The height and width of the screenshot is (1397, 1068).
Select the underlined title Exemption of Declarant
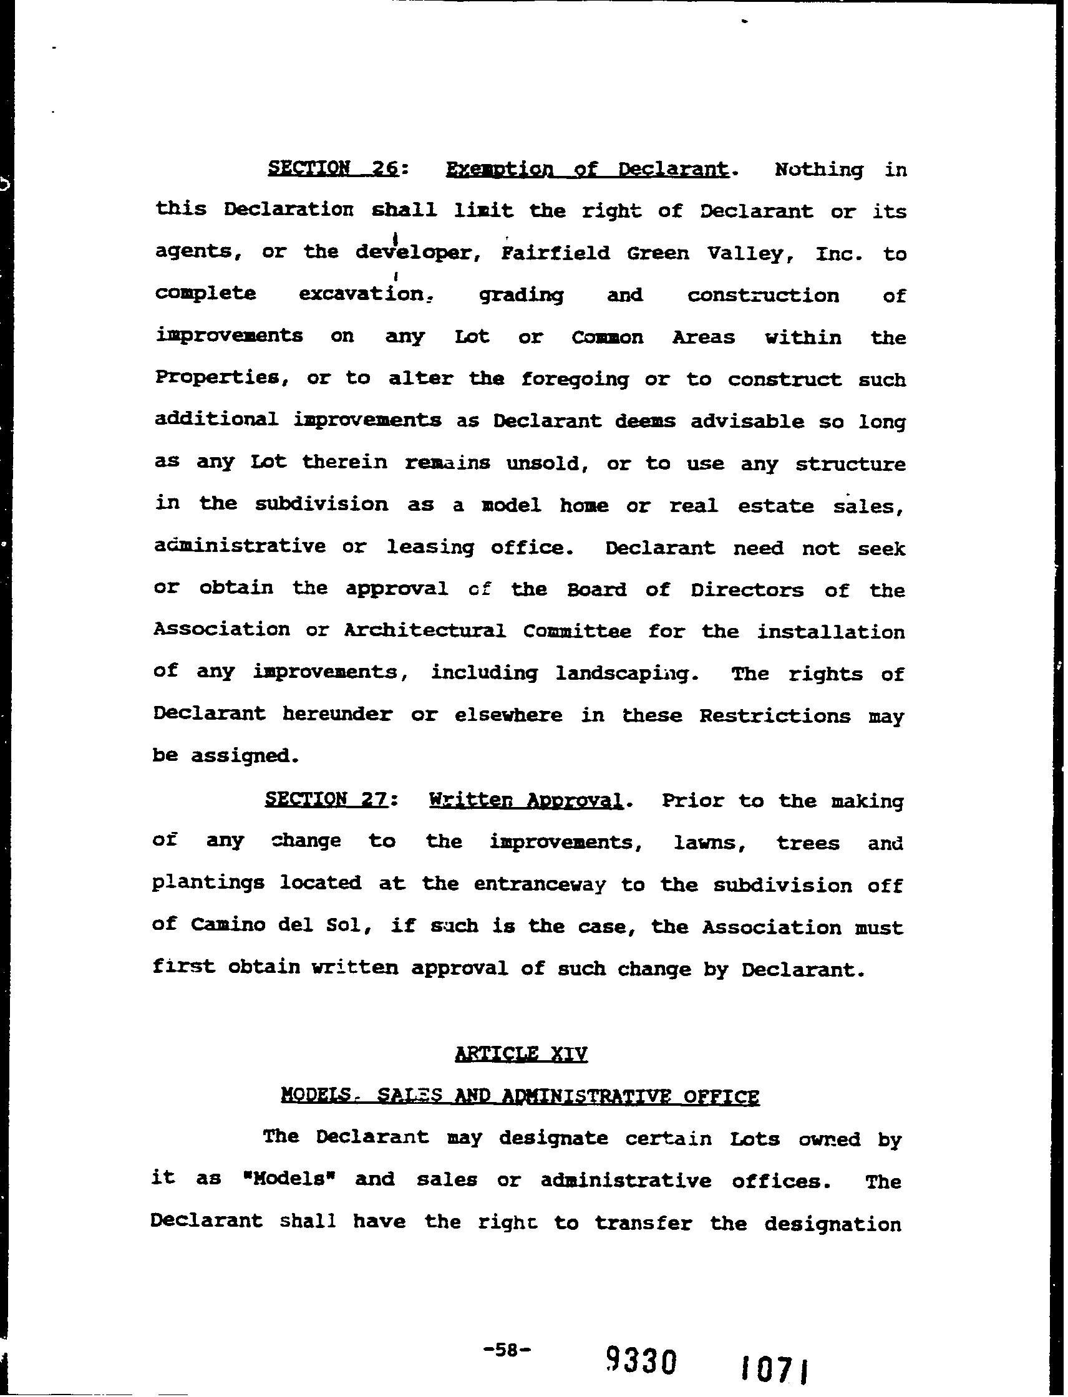click(587, 168)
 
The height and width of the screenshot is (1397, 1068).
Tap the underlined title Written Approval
click(525, 800)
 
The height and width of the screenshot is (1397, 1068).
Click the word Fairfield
click(555, 253)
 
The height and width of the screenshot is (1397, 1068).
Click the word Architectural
click(425, 631)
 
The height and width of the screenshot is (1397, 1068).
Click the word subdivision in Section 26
click(321, 504)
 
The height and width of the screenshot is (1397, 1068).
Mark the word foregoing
click(574, 379)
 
